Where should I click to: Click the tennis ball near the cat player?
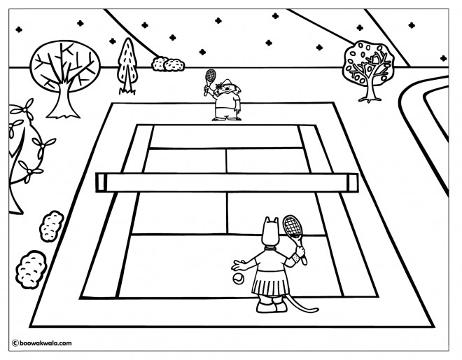[x=238, y=278]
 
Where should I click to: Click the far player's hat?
[x=226, y=82]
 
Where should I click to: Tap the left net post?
[x=101, y=183]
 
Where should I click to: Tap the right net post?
[x=352, y=183]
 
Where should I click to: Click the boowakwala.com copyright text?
[x=42, y=343]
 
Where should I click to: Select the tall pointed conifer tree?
[x=127, y=65]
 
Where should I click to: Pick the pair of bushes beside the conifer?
[x=168, y=64]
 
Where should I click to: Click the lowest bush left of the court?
[x=31, y=269]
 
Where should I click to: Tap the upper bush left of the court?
[x=51, y=226]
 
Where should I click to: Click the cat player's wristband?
[x=296, y=258]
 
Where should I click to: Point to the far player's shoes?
[x=227, y=118]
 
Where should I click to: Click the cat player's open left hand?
[x=238, y=265]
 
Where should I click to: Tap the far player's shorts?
[x=225, y=112]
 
